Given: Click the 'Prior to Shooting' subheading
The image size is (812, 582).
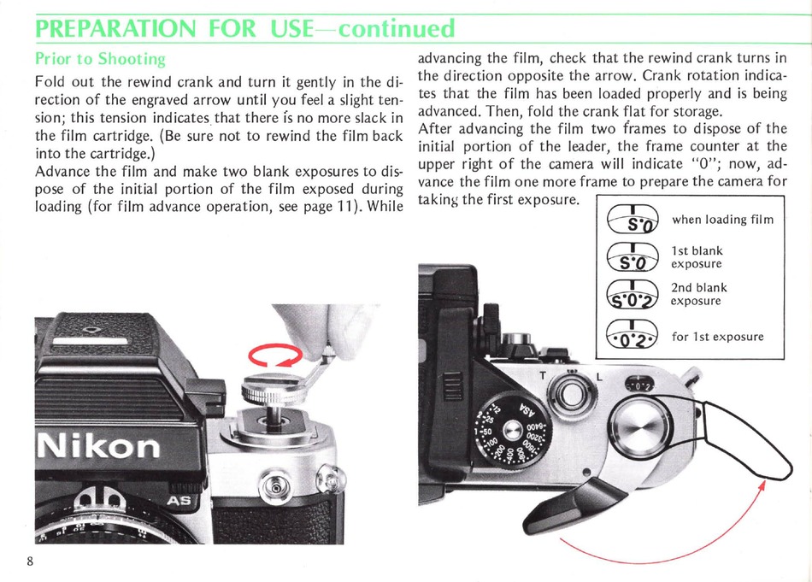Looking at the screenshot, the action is [100, 59].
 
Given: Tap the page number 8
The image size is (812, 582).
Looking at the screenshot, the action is [30, 561].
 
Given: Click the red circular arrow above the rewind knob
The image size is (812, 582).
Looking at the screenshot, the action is [275, 356].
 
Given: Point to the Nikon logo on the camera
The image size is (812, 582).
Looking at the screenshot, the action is [98, 446].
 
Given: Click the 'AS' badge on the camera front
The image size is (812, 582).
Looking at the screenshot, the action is [178, 501].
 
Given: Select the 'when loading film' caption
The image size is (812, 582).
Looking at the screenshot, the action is [722, 220].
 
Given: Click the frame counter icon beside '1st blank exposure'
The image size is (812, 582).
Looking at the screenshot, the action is [632, 257].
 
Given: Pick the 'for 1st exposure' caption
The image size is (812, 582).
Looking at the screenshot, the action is [718, 337].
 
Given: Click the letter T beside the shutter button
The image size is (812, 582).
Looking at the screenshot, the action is [543, 376].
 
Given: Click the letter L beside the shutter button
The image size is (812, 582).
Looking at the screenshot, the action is [599, 376].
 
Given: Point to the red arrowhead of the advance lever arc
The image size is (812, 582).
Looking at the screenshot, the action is [762, 485].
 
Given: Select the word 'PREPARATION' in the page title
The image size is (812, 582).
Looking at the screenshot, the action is [116, 28].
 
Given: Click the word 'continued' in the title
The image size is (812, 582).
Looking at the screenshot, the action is [396, 28].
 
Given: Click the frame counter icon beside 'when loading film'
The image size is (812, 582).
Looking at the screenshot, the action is [632, 220].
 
